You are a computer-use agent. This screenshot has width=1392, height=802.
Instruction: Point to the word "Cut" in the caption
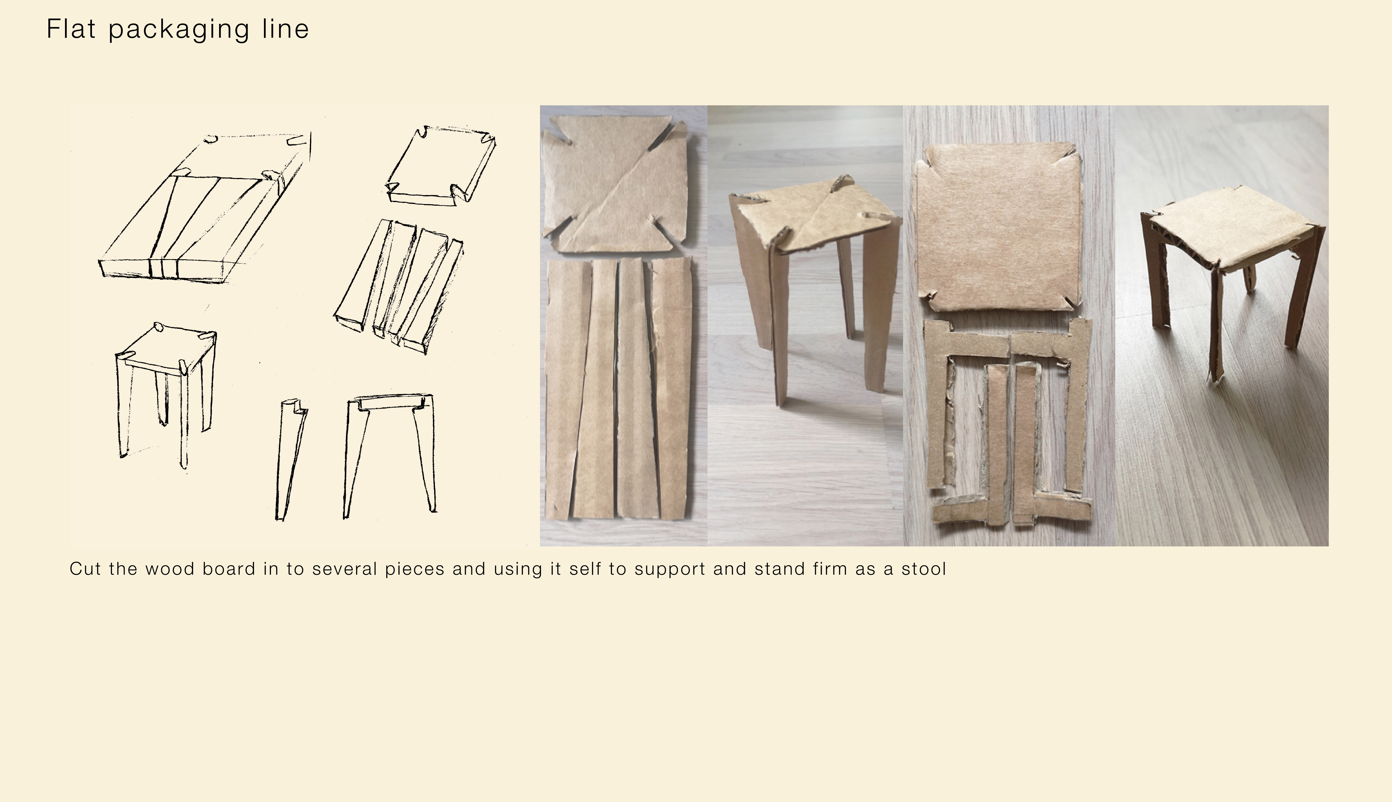click(85, 569)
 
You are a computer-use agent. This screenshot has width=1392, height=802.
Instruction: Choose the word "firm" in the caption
click(830, 569)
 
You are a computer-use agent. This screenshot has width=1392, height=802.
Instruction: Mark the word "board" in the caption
click(229, 569)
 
